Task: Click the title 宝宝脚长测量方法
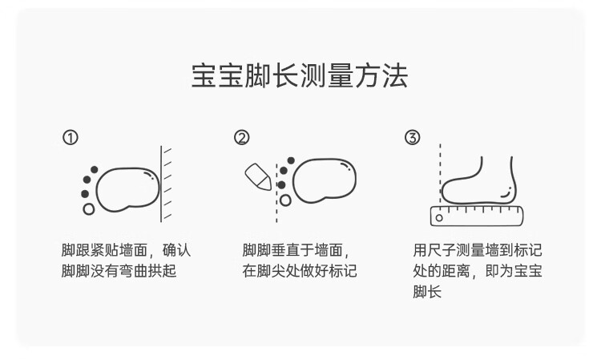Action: pos(300,76)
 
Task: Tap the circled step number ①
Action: pos(71,138)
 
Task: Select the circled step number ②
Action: pos(241,138)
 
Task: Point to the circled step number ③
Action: pos(412,138)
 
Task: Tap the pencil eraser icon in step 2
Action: pos(257,176)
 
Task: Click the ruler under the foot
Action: pos(477,215)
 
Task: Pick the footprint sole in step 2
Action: pos(324,180)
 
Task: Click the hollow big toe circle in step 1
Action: pos(88,209)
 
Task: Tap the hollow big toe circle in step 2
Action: pos(284,200)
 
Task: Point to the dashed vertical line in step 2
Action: pos(276,192)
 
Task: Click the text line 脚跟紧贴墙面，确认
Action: pos(127,250)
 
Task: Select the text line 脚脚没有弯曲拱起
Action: pos(119,271)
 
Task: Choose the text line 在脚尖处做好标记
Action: pos(300,271)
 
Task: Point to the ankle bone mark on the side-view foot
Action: pos(506,192)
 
